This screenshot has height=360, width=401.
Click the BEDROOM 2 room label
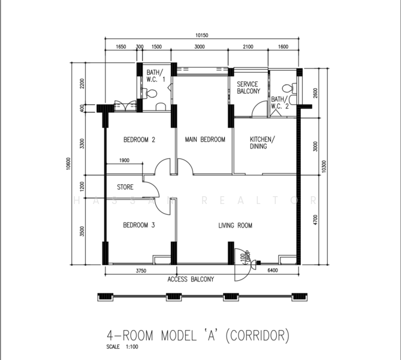pyautogui.click(x=140, y=140)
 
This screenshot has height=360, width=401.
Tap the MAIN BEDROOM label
pyautogui.click(x=205, y=140)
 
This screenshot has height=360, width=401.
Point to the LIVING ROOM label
pyautogui.click(x=236, y=226)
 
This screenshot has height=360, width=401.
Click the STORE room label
pyautogui.click(x=125, y=187)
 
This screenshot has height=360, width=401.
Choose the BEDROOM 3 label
pyautogui.click(x=139, y=226)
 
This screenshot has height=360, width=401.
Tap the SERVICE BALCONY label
pyautogui.click(x=248, y=88)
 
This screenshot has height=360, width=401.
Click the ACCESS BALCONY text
pyautogui.click(x=191, y=280)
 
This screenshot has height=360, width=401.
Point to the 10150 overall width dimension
pyautogui.click(x=202, y=35)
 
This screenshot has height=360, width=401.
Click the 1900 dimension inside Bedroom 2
pyautogui.click(x=124, y=160)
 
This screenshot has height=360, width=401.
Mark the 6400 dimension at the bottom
pyautogui.click(x=273, y=271)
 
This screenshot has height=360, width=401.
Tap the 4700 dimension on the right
pyautogui.click(x=315, y=220)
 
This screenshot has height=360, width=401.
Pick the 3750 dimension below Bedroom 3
pyautogui.click(x=141, y=271)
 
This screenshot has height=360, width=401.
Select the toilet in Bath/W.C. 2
pyautogui.click(x=290, y=88)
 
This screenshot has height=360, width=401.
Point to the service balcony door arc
pyautogui.click(x=258, y=106)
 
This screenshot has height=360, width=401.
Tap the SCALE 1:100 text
pyautogui.click(x=122, y=347)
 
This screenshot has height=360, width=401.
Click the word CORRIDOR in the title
pyautogui.click(x=258, y=335)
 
